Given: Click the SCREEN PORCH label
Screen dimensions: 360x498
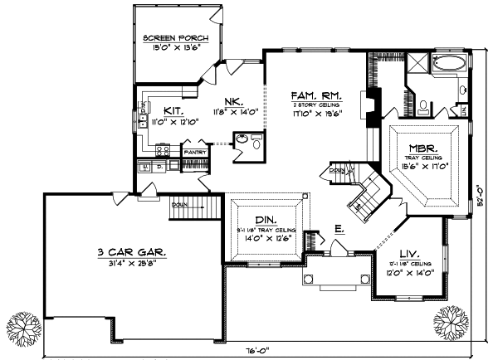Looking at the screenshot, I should [174, 38].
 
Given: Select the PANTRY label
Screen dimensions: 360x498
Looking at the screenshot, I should [194, 153].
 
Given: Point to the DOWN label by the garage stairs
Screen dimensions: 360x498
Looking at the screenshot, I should [179, 204].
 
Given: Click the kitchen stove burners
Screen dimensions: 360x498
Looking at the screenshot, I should [164, 150].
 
